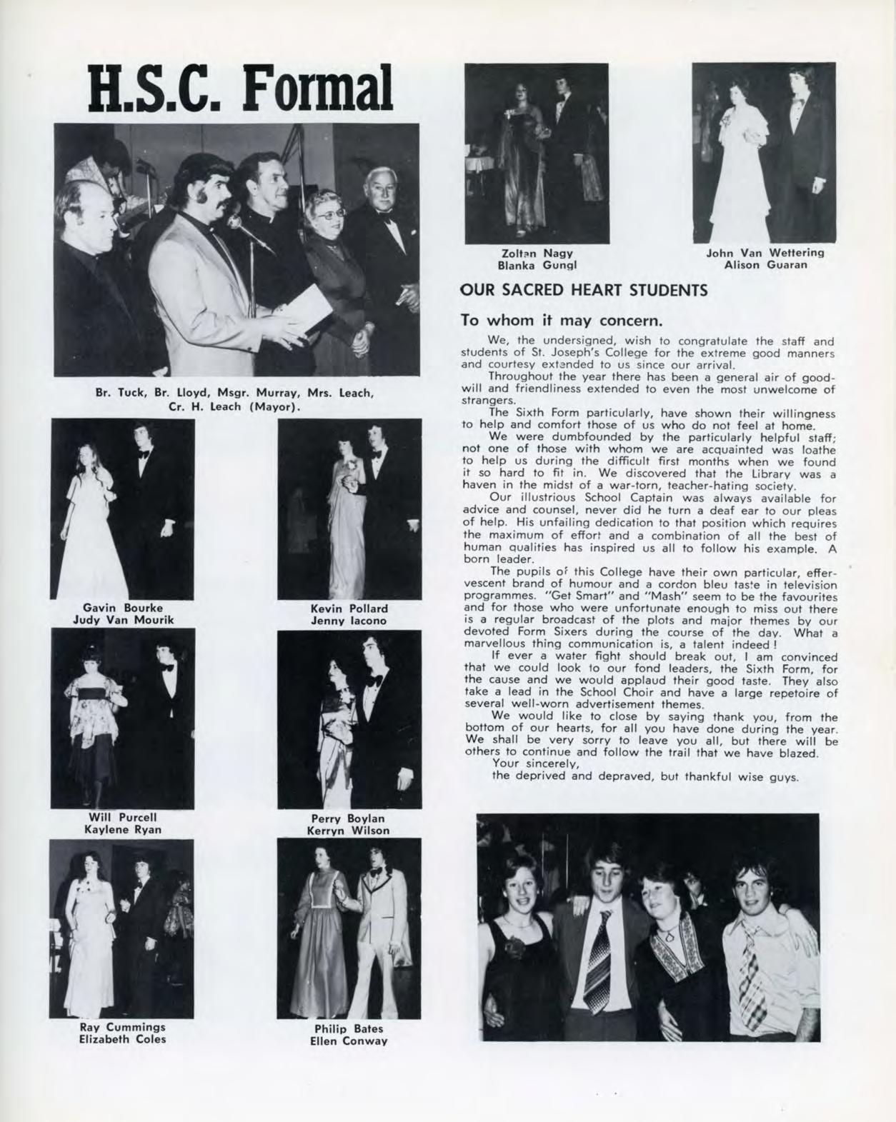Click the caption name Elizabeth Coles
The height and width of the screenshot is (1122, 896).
[122, 1039]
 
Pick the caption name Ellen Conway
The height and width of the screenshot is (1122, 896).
[349, 1041]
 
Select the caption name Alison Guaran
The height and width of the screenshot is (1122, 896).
[765, 265]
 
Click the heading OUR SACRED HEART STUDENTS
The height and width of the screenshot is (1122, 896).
[584, 290]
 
